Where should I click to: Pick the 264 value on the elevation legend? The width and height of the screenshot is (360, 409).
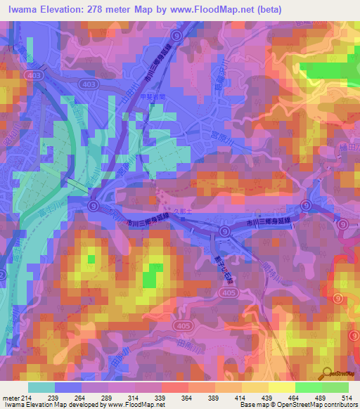(82, 397)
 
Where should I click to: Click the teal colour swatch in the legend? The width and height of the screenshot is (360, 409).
(41, 387)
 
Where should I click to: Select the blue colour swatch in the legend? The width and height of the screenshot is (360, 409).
(68, 387)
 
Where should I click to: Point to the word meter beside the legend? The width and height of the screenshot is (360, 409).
(9, 397)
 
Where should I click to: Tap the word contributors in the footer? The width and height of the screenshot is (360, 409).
(340, 405)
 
